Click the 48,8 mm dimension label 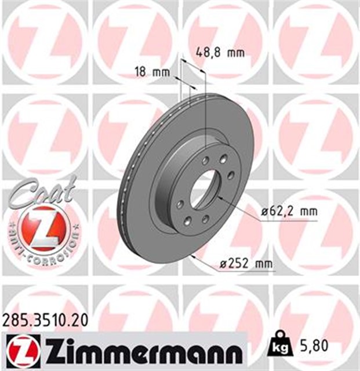tap(221, 53)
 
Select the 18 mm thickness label tap(152, 72)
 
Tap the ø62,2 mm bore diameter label tap(289, 211)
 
